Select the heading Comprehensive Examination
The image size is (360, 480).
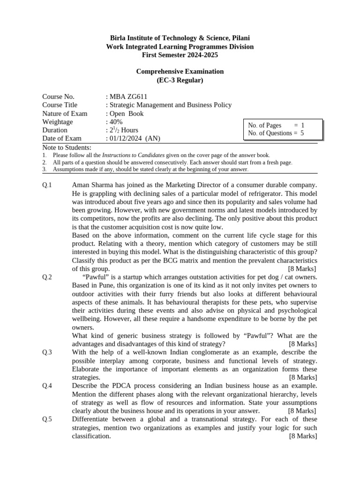point(180,72)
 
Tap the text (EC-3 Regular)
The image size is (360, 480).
point(180,80)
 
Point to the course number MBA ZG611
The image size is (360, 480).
point(127,97)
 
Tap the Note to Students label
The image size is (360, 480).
point(67,148)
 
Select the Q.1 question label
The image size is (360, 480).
point(47,185)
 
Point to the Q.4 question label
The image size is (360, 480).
point(47,386)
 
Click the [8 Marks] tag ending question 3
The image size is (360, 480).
point(303,377)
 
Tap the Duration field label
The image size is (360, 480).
point(55,130)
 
